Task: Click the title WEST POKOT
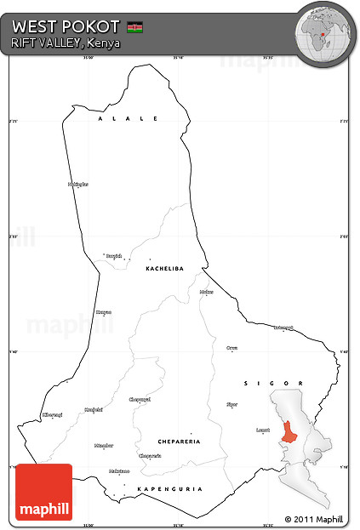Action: [66, 26]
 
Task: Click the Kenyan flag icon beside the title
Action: [134, 27]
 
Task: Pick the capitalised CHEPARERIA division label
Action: [180, 442]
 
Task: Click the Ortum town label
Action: [232, 348]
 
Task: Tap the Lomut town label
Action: [263, 430]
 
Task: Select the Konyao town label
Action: [104, 311]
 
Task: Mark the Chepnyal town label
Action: [139, 398]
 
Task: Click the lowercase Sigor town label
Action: [232, 404]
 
